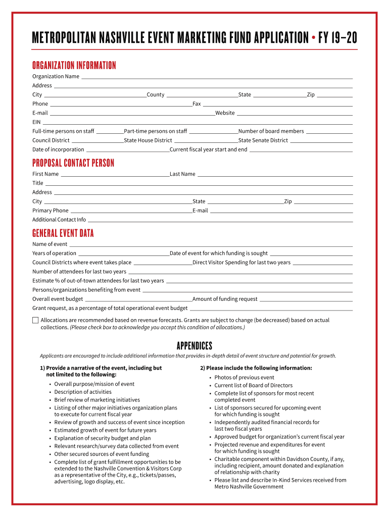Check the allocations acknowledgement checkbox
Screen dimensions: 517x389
(x=35, y=320)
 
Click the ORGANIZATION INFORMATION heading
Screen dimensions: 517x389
(x=74, y=66)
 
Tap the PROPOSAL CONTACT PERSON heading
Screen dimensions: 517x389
(x=73, y=163)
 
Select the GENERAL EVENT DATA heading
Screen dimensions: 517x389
(x=63, y=233)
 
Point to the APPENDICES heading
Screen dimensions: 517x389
(x=194, y=346)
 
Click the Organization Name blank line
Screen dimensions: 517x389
(x=217, y=77)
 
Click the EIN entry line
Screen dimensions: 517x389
(x=198, y=123)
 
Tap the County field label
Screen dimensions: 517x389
(x=156, y=95)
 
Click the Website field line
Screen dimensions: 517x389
(x=294, y=114)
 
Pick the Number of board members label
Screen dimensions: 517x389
(x=271, y=131)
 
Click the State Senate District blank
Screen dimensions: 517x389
(x=321, y=141)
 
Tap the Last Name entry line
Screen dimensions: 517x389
(x=274, y=175)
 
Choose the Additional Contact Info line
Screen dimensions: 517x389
(x=220, y=221)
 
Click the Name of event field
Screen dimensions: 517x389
(x=210, y=245)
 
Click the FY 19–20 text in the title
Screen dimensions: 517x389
(x=337, y=37)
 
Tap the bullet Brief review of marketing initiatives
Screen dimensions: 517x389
(x=97, y=400)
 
